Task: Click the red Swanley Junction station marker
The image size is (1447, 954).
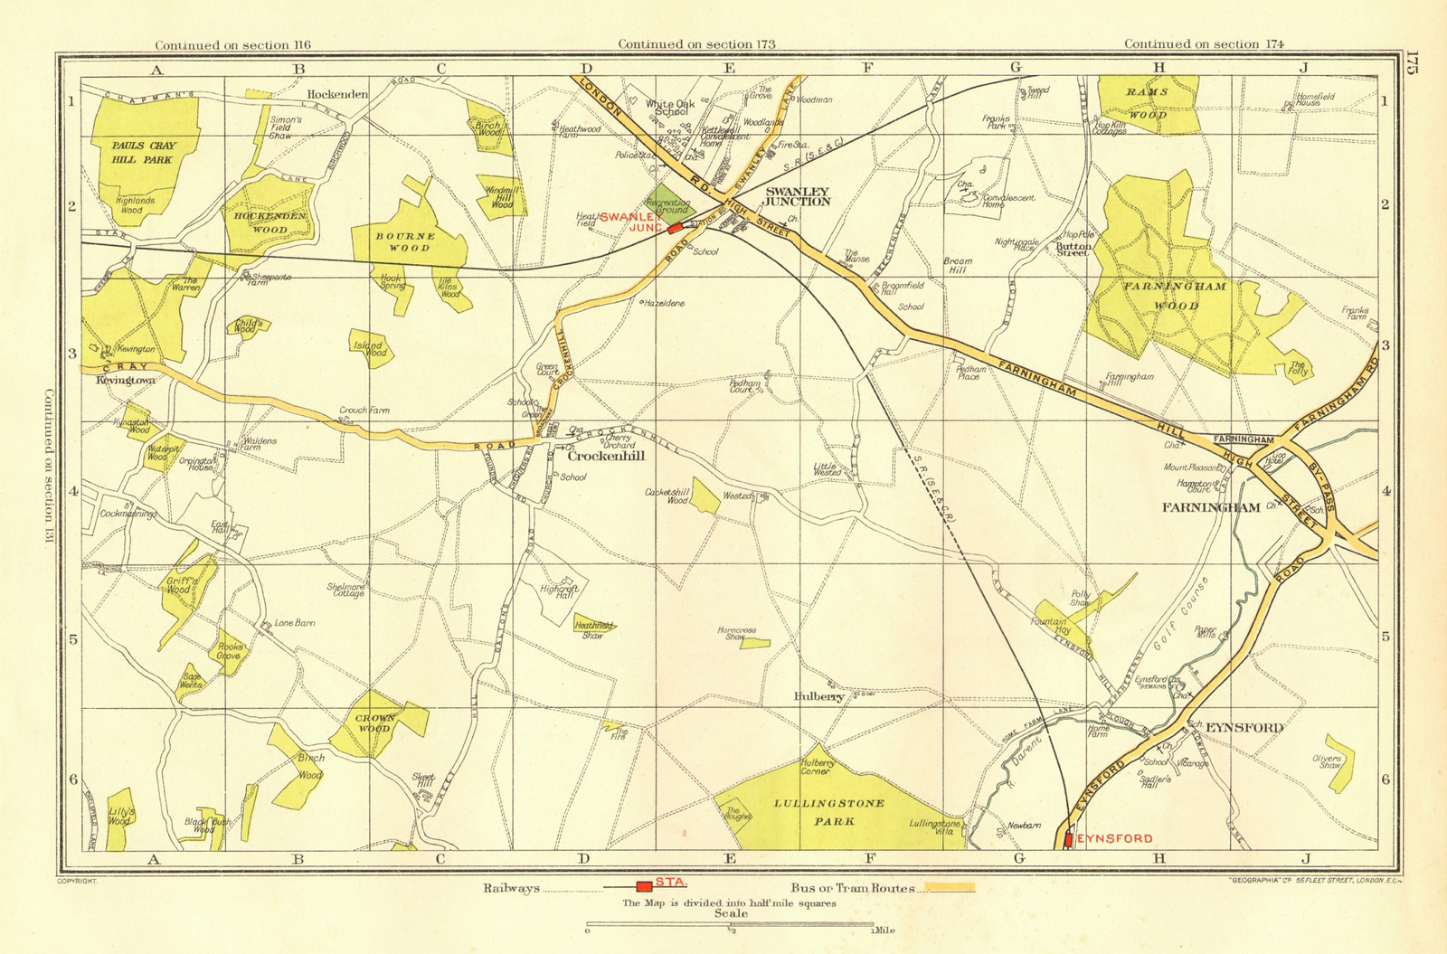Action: click(675, 229)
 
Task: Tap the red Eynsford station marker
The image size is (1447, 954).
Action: click(1068, 839)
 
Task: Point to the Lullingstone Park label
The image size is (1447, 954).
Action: click(829, 812)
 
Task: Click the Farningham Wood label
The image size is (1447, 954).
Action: click(1162, 296)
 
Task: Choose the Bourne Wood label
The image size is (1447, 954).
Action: click(405, 241)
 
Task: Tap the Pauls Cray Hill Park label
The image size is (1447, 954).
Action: click(143, 152)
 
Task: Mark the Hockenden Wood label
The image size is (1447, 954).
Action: click(270, 223)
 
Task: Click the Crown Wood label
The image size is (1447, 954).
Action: click(374, 723)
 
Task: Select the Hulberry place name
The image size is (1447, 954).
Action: click(818, 697)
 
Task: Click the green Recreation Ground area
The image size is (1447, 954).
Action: click(666, 207)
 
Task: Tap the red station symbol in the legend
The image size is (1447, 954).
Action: click(643, 886)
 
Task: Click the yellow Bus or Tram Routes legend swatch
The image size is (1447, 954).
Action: click(949, 888)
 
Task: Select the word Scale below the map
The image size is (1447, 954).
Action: click(731, 913)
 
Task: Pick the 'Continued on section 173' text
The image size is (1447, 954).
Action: click(696, 43)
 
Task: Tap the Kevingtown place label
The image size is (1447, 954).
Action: click(126, 381)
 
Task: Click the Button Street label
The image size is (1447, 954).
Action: click(1073, 249)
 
